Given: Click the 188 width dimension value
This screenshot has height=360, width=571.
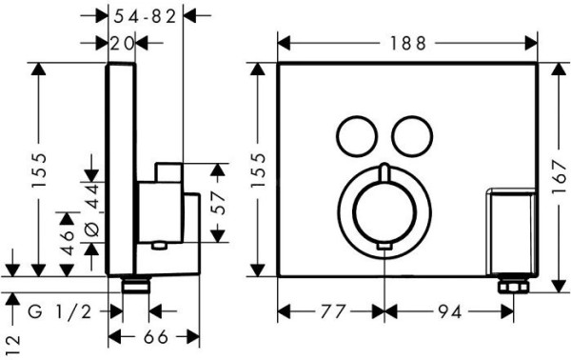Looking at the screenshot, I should click(x=407, y=41).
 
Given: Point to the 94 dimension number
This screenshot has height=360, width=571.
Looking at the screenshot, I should click(x=445, y=310).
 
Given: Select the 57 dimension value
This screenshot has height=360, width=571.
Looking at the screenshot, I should click(x=218, y=203).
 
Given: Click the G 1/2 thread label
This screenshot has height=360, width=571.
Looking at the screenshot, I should click(x=63, y=310).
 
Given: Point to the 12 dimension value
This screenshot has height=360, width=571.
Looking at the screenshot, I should click(x=12, y=340).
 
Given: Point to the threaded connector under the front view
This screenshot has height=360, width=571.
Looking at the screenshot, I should click(x=511, y=285).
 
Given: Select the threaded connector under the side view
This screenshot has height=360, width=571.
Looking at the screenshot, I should click(x=137, y=284).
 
